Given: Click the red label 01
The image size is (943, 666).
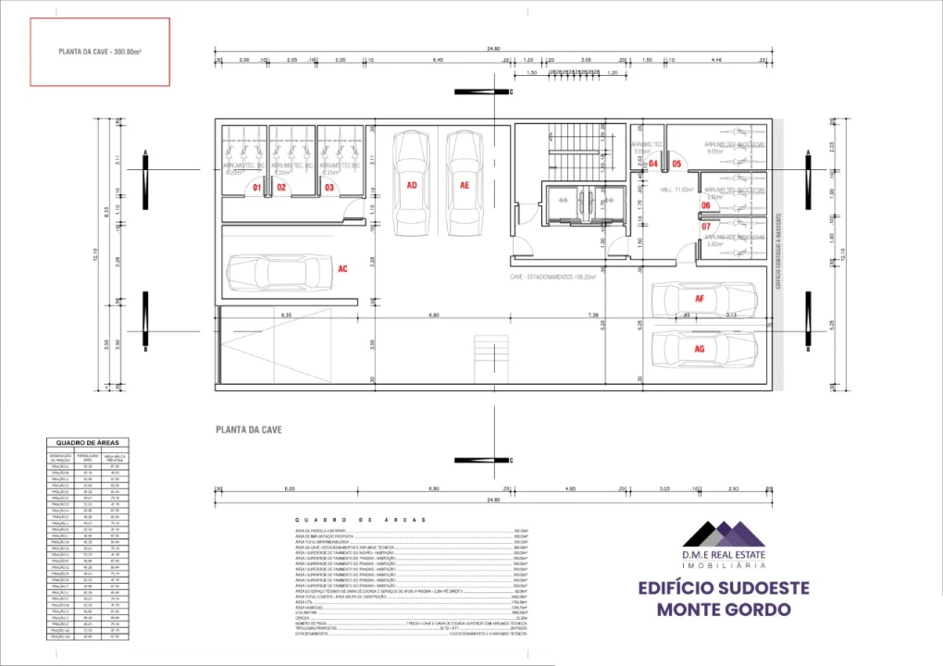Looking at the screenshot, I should pos(259,188).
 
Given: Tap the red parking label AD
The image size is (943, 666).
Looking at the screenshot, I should pos(411,185).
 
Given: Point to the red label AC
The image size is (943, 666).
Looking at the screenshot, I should pos(342,269).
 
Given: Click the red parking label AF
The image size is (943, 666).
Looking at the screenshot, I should pos(700,299).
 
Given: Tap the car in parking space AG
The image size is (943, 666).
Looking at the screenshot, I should pos(703,349).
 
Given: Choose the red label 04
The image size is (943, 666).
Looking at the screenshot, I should pos(652,164).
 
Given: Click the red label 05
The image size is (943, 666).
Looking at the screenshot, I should pos(676,164).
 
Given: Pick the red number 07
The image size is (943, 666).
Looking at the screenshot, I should pos(705,226).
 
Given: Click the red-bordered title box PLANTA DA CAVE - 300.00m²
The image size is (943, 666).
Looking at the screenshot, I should pos(100,54).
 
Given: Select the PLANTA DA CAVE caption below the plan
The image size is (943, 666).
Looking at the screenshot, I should pos(248,430).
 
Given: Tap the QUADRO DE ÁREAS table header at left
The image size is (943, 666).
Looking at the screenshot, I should pos(88,443).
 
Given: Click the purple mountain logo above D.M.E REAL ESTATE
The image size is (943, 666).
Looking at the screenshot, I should pos(724,534).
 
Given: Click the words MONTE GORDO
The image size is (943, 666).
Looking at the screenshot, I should pos(724,610).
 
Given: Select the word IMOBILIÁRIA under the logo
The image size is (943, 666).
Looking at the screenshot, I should pos(724,564).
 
